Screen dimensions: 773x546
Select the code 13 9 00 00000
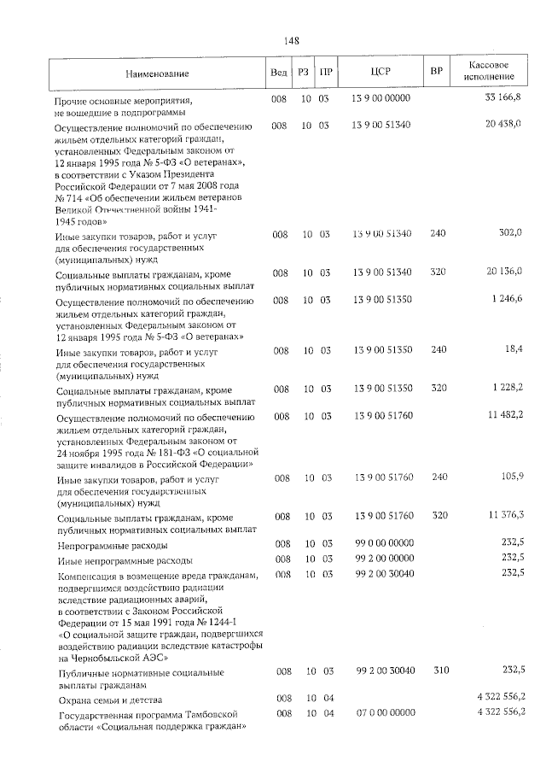coord(382,99)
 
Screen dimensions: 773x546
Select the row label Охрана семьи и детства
coord(107,699)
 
